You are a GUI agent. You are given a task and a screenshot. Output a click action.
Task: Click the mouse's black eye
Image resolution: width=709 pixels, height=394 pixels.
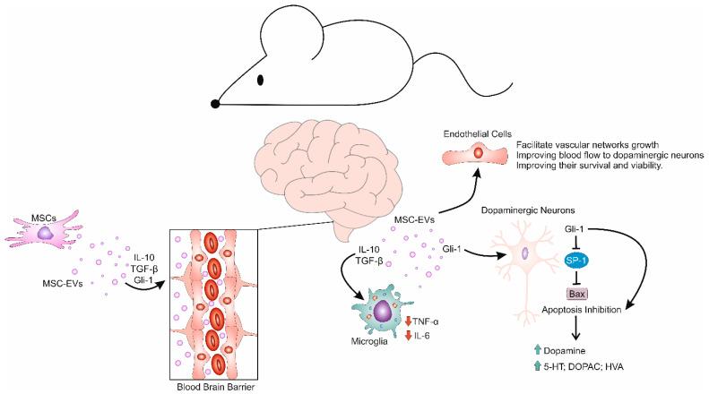261,80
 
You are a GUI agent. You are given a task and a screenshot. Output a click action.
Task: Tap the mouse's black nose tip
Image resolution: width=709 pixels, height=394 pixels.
215,104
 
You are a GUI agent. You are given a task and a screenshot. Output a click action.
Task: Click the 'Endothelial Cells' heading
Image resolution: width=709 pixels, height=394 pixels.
471,134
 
